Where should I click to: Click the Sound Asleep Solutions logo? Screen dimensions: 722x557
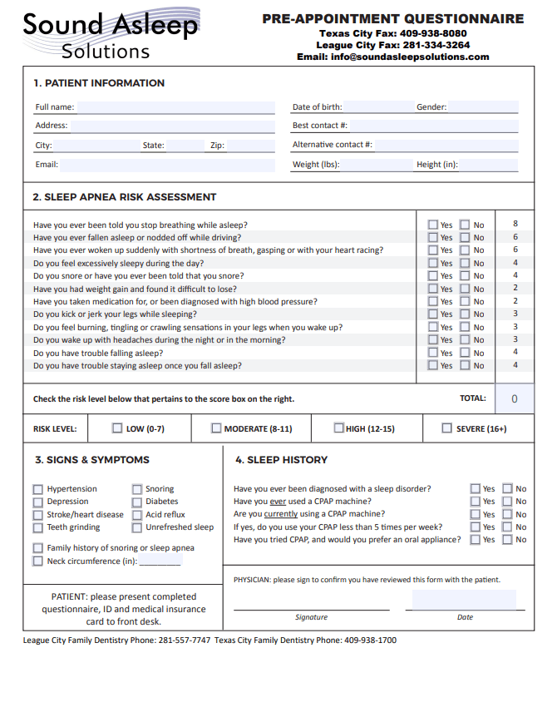point(111,35)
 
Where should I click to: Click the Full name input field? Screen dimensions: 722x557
point(175,107)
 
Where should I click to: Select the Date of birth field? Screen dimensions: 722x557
point(377,107)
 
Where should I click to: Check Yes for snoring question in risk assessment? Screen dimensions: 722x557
point(433,276)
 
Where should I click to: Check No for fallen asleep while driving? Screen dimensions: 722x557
point(465,237)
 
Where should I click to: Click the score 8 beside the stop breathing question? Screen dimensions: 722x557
point(515,224)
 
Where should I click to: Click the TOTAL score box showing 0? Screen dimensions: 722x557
point(514,398)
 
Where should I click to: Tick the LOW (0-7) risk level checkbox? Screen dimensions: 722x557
point(117,428)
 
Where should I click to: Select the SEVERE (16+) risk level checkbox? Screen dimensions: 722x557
point(447,428)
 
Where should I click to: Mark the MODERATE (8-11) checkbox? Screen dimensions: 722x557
point(216,428)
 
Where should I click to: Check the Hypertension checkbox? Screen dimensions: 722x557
point(37,490)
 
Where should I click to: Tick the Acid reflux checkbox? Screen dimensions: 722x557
point(137,515)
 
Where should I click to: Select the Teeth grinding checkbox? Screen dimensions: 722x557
point(37,527)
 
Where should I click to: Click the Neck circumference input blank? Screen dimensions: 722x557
point(160,561)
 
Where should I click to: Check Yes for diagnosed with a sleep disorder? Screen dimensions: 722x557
point(476,489)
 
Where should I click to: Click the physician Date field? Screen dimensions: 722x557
point(464,600)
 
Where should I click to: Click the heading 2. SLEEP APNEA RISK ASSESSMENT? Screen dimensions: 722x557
point(125,197)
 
